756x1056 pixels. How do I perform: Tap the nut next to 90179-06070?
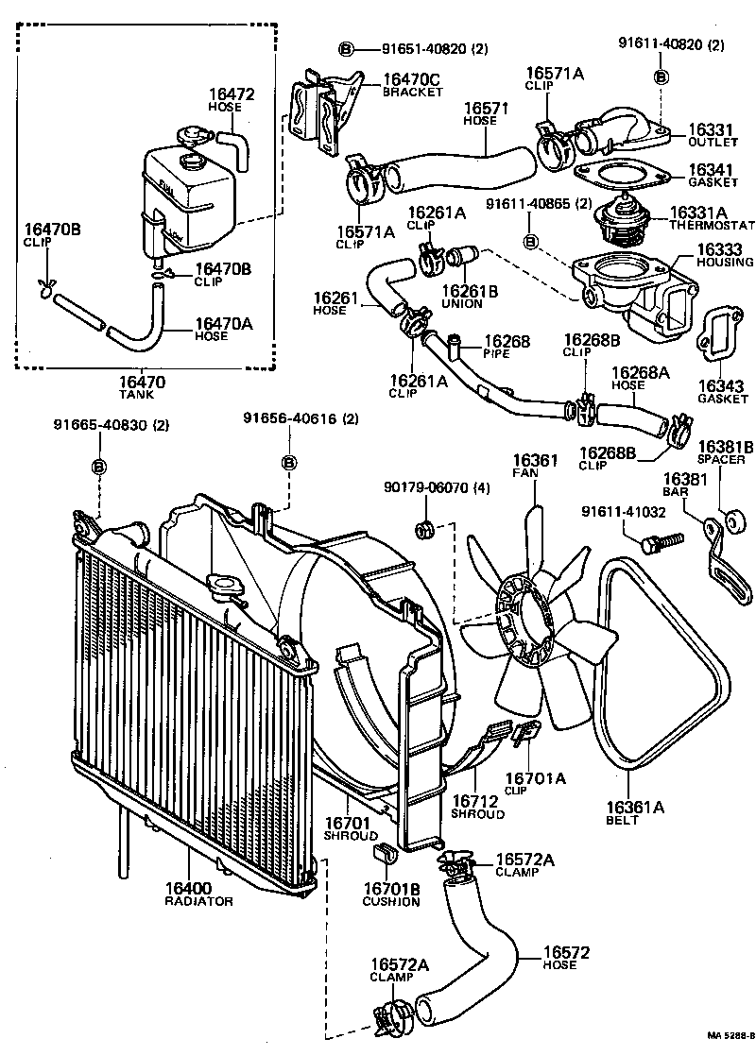(425, 528)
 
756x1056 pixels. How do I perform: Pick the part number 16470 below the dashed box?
(142, 383)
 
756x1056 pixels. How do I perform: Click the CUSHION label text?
(390, 901)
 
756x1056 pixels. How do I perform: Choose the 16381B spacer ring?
(730, 519)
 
